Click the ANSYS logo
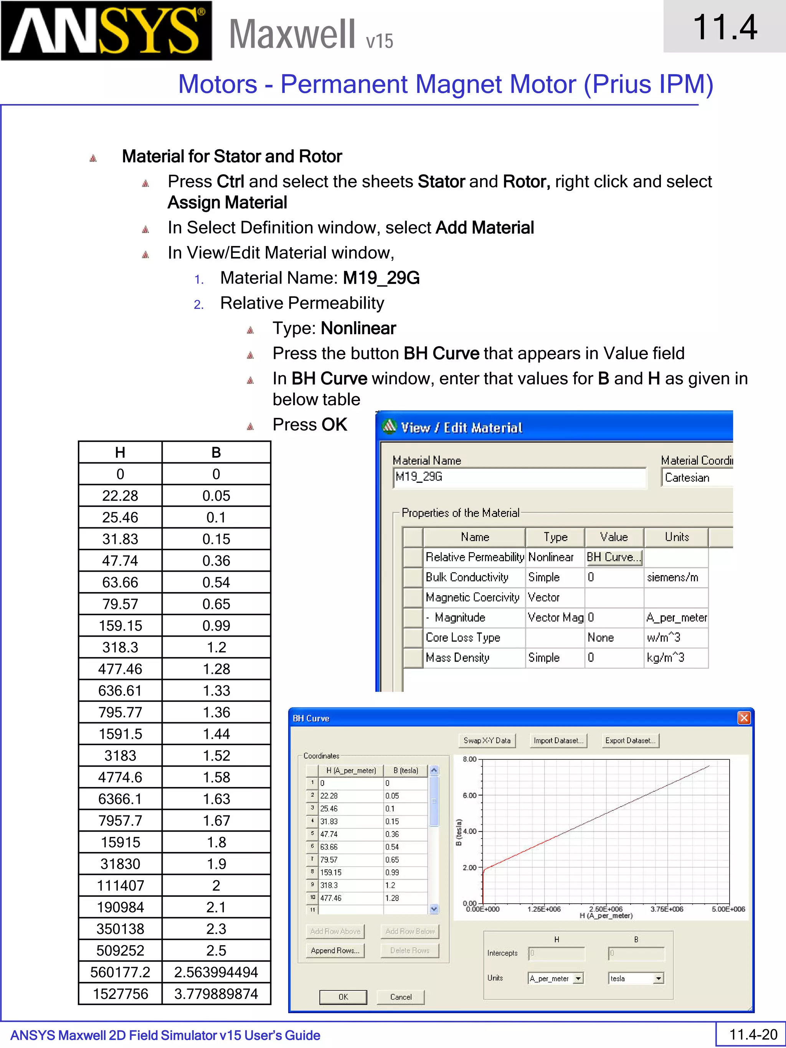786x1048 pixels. [x=106, y=31]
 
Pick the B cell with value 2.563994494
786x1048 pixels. [x=216, y=972]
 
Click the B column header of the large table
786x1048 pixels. [x=216, y=452]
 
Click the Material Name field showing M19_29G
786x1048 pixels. [x=519, y=477]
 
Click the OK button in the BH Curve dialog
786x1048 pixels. [x=343, y=997]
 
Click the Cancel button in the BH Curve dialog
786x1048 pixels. [x=401, y=997]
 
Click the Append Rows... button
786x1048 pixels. [x=335, y=951]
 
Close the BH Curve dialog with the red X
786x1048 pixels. [x=744, y=718]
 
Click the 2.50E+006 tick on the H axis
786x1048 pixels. [x=606, y=909]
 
